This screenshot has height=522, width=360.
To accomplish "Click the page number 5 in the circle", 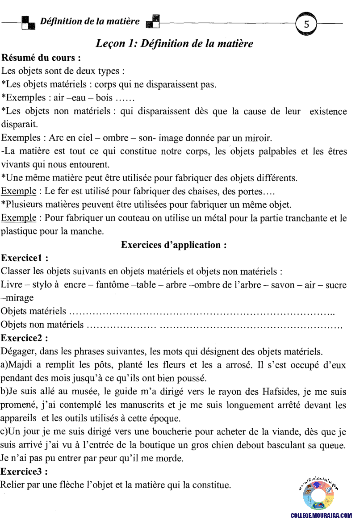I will point(306,25).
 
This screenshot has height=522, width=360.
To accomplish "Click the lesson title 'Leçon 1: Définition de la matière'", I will point(175,44).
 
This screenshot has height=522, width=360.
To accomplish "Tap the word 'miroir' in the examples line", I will point(258,138).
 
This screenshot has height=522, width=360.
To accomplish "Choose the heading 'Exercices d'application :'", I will point(174,245).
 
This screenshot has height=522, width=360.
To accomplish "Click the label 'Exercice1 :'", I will point(25,258).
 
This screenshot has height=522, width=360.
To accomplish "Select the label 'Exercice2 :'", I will point(25,338).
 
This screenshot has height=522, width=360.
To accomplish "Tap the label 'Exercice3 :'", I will point(25,471).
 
